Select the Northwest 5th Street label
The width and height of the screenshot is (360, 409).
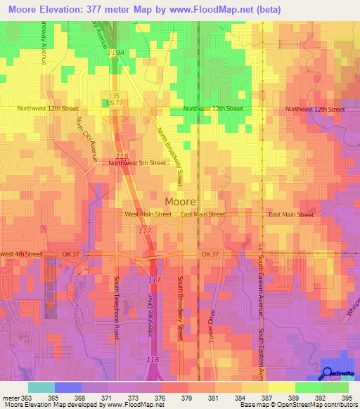point(138,162)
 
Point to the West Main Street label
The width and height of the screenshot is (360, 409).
point(148,214)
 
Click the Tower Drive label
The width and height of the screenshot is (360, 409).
point(210,323)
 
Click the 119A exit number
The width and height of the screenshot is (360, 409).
point(115,53)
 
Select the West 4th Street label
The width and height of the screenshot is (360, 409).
point(22,254)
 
